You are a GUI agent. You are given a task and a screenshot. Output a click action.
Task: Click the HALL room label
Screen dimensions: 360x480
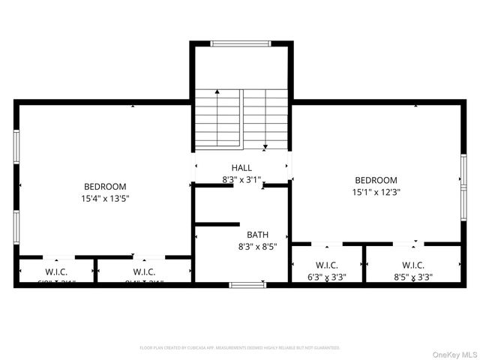point(241,168)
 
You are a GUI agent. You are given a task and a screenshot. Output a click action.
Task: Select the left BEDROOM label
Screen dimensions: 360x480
point(105,187)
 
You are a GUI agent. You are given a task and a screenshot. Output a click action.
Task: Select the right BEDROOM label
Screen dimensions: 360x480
point(376,180)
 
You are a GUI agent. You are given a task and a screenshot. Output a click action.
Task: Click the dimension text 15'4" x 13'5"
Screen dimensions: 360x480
point(105,199)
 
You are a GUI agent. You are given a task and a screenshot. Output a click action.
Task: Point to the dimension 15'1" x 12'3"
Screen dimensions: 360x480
point(376,192)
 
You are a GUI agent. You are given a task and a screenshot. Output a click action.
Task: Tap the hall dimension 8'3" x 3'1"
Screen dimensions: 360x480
point(241,180)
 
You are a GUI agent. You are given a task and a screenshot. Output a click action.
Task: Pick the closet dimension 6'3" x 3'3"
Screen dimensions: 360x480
point(326,277)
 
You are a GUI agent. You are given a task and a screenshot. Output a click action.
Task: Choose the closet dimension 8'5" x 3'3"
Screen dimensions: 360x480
point(412,277)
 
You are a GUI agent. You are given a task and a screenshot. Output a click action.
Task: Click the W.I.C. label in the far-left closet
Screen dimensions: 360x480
point(57,271)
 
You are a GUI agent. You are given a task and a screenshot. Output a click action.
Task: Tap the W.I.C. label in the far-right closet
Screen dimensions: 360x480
point(412,265)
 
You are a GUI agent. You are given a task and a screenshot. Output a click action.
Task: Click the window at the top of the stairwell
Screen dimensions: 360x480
point(240,43)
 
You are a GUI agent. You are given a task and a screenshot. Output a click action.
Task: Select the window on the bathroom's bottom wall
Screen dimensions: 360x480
point(247,284)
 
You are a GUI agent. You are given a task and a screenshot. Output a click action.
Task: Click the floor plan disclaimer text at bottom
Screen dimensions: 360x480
point(240,348)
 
